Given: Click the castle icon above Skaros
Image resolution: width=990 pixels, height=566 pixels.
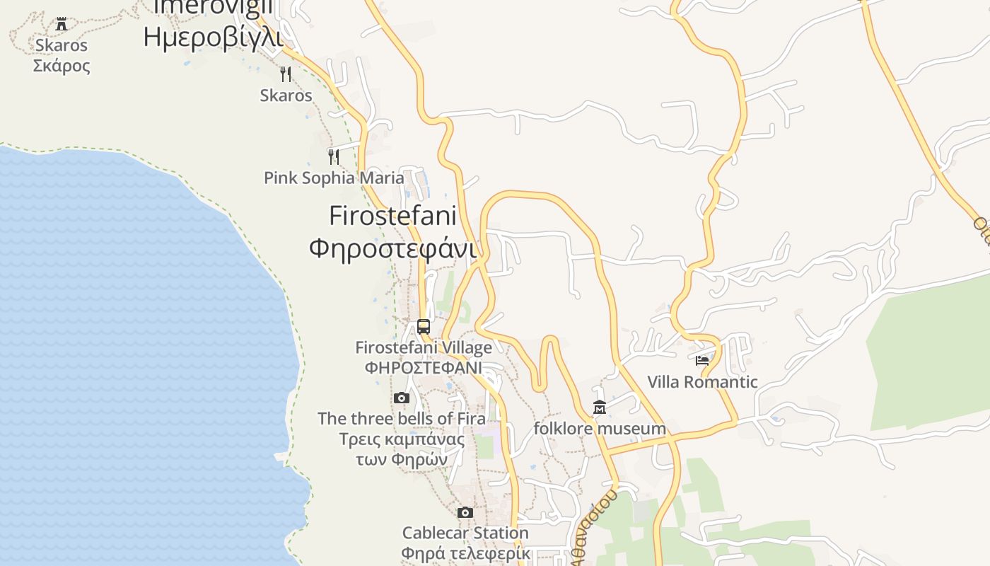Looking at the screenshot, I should coord(62,23).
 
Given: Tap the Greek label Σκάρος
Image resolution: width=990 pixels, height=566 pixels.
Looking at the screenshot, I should coord(62,66).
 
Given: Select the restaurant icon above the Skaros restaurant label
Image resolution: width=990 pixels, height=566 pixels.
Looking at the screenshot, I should coord(286,74).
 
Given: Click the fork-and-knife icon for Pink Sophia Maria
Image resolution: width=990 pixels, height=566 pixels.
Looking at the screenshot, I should coord(334,156).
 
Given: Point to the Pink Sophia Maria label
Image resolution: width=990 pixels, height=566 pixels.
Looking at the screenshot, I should coord(334,178).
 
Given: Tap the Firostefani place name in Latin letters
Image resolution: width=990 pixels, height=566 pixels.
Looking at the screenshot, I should coord(393,215).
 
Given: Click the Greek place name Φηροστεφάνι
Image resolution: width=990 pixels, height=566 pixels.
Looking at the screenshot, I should coord(392,248).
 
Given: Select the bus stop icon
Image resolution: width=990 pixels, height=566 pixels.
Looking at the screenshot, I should coord(424,326).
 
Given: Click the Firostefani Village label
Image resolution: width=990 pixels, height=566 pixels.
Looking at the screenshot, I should coord(424,347).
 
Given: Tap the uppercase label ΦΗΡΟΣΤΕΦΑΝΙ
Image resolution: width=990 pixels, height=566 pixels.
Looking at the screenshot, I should coord(424,368).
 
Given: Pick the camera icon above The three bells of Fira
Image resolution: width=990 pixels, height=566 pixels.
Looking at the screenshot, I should coord(402,398).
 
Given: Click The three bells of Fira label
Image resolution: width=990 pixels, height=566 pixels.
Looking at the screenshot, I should coord(402,418).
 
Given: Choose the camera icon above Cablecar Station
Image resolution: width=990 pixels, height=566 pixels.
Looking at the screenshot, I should coord(465,512).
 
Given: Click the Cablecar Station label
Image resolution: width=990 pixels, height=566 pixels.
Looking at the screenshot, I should coord(465,533).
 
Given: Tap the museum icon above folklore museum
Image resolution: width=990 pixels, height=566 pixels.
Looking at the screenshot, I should coord(600,408).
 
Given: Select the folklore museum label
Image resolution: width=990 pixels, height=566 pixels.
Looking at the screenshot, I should coord(600,428).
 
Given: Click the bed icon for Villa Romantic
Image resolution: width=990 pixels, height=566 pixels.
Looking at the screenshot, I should coord(702,361).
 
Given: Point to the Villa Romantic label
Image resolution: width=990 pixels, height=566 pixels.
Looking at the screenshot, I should coord(702,382).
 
